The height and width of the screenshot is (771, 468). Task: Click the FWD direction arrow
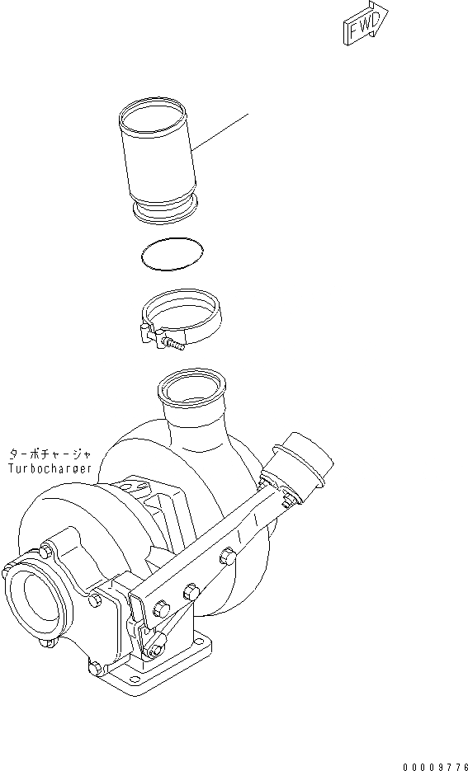tap(365, 25)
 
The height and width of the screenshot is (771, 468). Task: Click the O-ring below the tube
tap(171, 255)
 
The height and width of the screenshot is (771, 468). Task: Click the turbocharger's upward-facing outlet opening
tap(192, 387)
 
